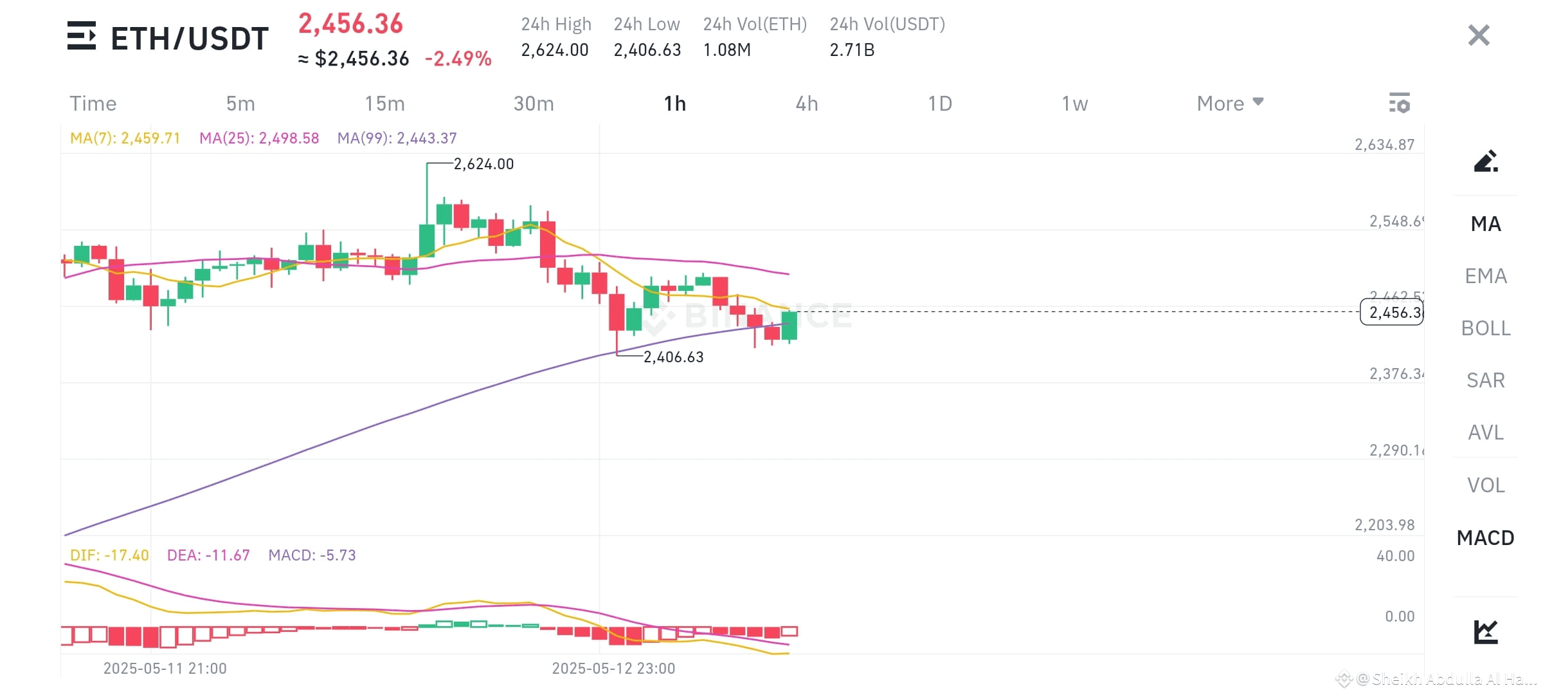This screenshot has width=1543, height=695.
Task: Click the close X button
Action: click(1479, 35)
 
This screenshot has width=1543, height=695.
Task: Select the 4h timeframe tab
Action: click(806, 104)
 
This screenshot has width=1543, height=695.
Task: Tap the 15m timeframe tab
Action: click(384, 104)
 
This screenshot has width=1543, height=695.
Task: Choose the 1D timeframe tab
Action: click(939, 104)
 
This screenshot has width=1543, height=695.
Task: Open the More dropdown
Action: click(1229, 104)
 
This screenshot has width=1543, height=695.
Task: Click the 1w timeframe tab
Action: click(1074, 104)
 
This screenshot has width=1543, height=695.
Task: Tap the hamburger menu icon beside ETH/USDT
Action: click(82, 36)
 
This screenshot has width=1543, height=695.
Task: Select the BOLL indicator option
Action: click(1485, 328)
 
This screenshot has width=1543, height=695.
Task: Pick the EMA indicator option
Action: click(1485, 276)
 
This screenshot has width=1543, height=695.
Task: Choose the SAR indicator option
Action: click(1485, 380)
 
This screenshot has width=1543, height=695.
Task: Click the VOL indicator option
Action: click(1485, 485)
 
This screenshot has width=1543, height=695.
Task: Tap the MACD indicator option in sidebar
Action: click(1485, 537)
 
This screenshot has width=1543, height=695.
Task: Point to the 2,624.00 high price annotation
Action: click(483, 164)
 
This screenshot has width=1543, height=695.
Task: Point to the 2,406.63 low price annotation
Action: click(673, 357)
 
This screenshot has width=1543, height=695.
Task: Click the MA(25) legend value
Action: click(259, 138)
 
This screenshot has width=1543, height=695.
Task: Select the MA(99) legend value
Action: click(397, 138)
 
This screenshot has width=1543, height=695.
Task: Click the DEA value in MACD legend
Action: click(208, 555)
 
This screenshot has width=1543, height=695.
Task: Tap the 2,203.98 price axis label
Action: click(1384, 525)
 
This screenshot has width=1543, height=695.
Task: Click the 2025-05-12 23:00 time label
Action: click(613, 669)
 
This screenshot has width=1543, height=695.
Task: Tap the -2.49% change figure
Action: click(458, 59)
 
